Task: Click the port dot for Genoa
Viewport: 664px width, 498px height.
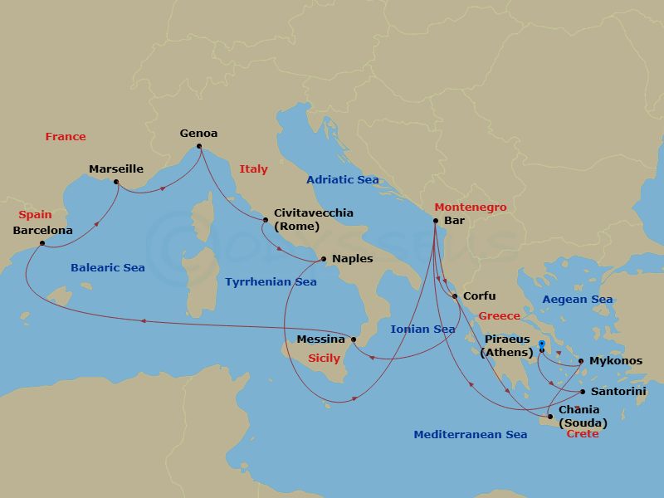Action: pyautogui.click(x=198, y=148)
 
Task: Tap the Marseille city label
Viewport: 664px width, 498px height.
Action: pyautogui.click(x=116, y=169)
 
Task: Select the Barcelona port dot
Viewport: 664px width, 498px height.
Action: pyautogui.click(x=42, y=243)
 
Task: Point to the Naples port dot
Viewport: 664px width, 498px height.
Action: pyautogui.click(x=324, y=258)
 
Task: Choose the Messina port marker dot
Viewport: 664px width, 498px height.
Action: pyautogui.click(x=354, y=339)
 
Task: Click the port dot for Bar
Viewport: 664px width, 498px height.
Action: pyautogui.click(x=436, y=221)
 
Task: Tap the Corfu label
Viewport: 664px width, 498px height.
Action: pyautogui.click(x=480, y=295)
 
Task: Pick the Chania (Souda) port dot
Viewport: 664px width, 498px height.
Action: pyautogui.click(x=549, y=417)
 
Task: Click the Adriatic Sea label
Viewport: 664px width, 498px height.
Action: pyautogui.click(x=342, y=180)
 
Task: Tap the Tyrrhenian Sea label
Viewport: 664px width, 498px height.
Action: pyautogui.click(x=271, y=282)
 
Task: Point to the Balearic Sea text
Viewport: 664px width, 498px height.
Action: pyautogui.click(x=107, y=268)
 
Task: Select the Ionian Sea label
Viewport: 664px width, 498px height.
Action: pyautogui.click(x=422, y=330)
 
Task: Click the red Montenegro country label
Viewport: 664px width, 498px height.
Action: pyautogui.click(x=470, y=207)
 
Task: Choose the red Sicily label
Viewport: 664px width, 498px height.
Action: pyautogui.click(x=324, y=359)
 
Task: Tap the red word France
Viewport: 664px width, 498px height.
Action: pyautogui.click(x=66, y=137)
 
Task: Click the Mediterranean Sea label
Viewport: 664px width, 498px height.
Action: pyautogui.click(x=470, y=435)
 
